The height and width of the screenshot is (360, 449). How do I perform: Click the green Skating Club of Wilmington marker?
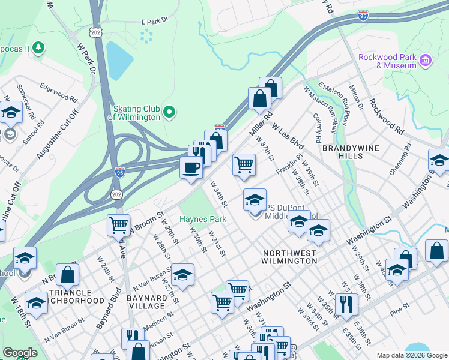pyautogui.click(x=169, y=111)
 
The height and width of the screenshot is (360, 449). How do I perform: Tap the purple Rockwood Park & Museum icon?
pyautogui.click(x=426, y=60)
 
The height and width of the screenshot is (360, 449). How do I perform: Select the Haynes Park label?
pyautogui.click(x=203, y=219)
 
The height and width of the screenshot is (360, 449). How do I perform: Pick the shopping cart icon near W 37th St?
pyautogui.click(x=244, y=164)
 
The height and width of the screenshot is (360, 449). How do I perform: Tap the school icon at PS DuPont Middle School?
pyautogui.click(x=255, y=199)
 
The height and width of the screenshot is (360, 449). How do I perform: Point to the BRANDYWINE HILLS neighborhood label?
pyautogui.click(x=351, y=151)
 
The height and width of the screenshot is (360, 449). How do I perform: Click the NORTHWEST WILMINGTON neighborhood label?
pyautogui.click(x=289, y=257)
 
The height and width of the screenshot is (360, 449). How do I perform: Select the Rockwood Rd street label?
pyautogui.click(x=386, y=115)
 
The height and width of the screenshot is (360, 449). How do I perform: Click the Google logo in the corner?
pyautogui.click(x=20, y=353)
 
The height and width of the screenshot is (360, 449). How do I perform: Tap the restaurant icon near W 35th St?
pyautogui.click(x=346, y=304)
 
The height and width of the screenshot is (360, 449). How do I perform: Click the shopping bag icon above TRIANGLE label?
pyautogui.click(x=69, y=274)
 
